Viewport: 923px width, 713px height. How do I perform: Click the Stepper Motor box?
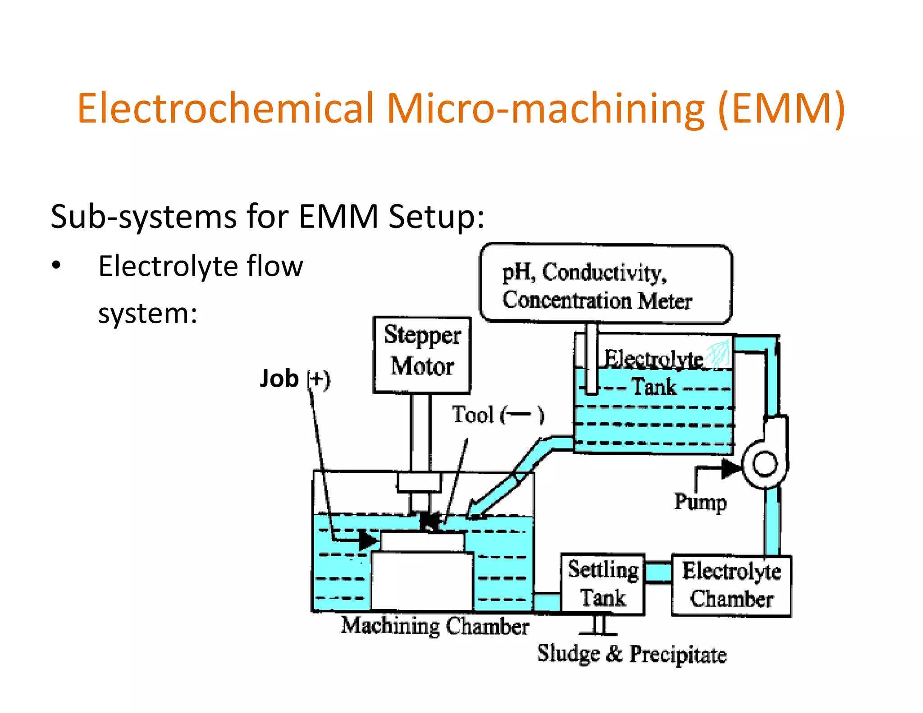pos(422,355)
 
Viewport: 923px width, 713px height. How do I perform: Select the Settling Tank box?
pos(603,584)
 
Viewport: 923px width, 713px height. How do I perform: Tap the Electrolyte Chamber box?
pos(731,585)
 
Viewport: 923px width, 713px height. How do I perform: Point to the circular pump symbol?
pos(765,464)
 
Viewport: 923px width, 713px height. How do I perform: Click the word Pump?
pos(700,502)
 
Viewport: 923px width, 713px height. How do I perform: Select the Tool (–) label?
pos(498,415)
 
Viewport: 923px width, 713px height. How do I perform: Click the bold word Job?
pos(279,379)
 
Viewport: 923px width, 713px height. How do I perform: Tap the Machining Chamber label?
pos(434,626)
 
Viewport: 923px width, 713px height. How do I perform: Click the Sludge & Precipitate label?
pos(631,654)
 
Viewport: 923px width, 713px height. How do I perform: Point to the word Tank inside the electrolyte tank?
pos(654,387)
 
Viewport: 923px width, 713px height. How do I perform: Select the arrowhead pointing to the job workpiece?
pos(369,539)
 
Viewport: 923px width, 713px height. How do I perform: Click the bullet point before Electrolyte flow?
pos(56,265)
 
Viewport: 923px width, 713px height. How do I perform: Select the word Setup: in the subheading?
pos(436,217)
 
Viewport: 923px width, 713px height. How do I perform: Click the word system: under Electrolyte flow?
pos(148,313)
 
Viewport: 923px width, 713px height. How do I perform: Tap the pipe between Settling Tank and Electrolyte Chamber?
pos(658,572)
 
